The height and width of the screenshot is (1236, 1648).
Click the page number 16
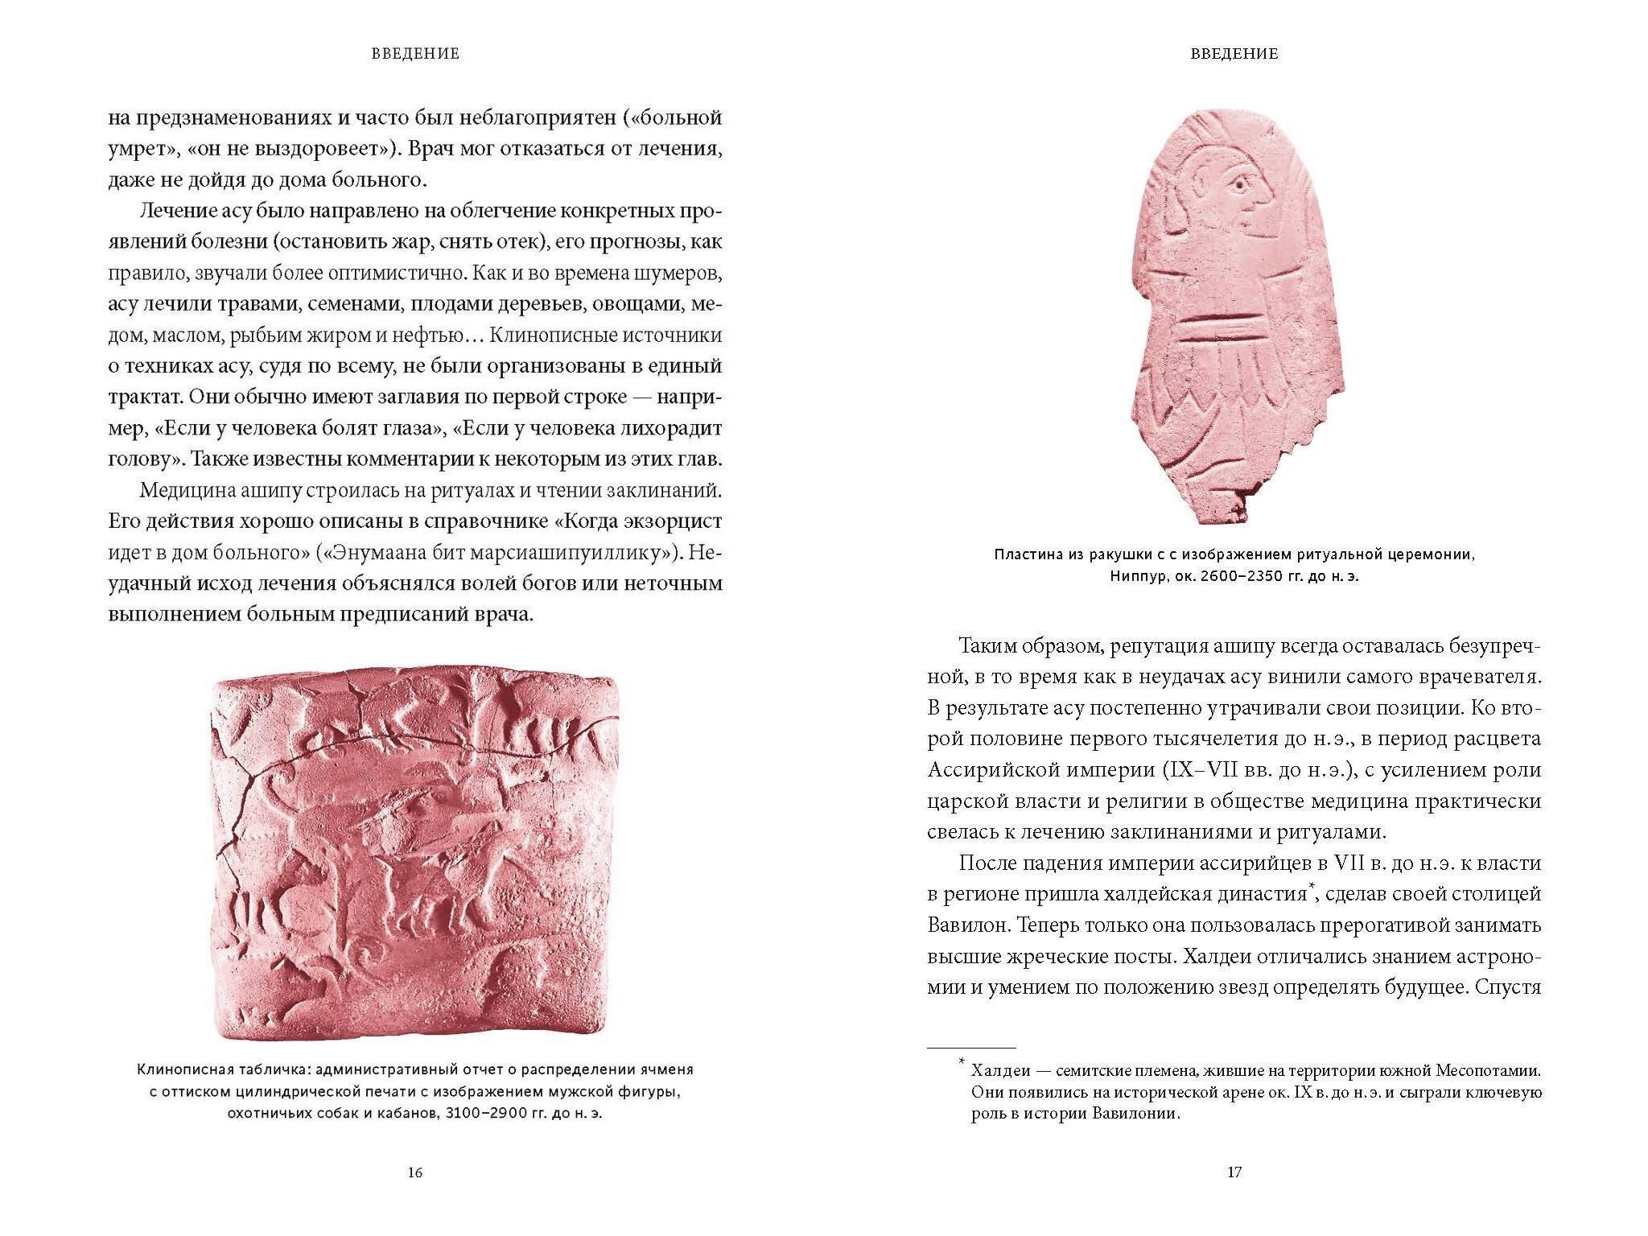tap(415, 1172)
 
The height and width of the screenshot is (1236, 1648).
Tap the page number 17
tap(1234, 1172)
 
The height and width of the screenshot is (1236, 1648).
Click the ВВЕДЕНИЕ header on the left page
tap(415, 54)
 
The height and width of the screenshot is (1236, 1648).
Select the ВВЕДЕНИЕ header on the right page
tap(1234, 54)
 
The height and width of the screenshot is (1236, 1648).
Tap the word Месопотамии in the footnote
tap(1478, 1071)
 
